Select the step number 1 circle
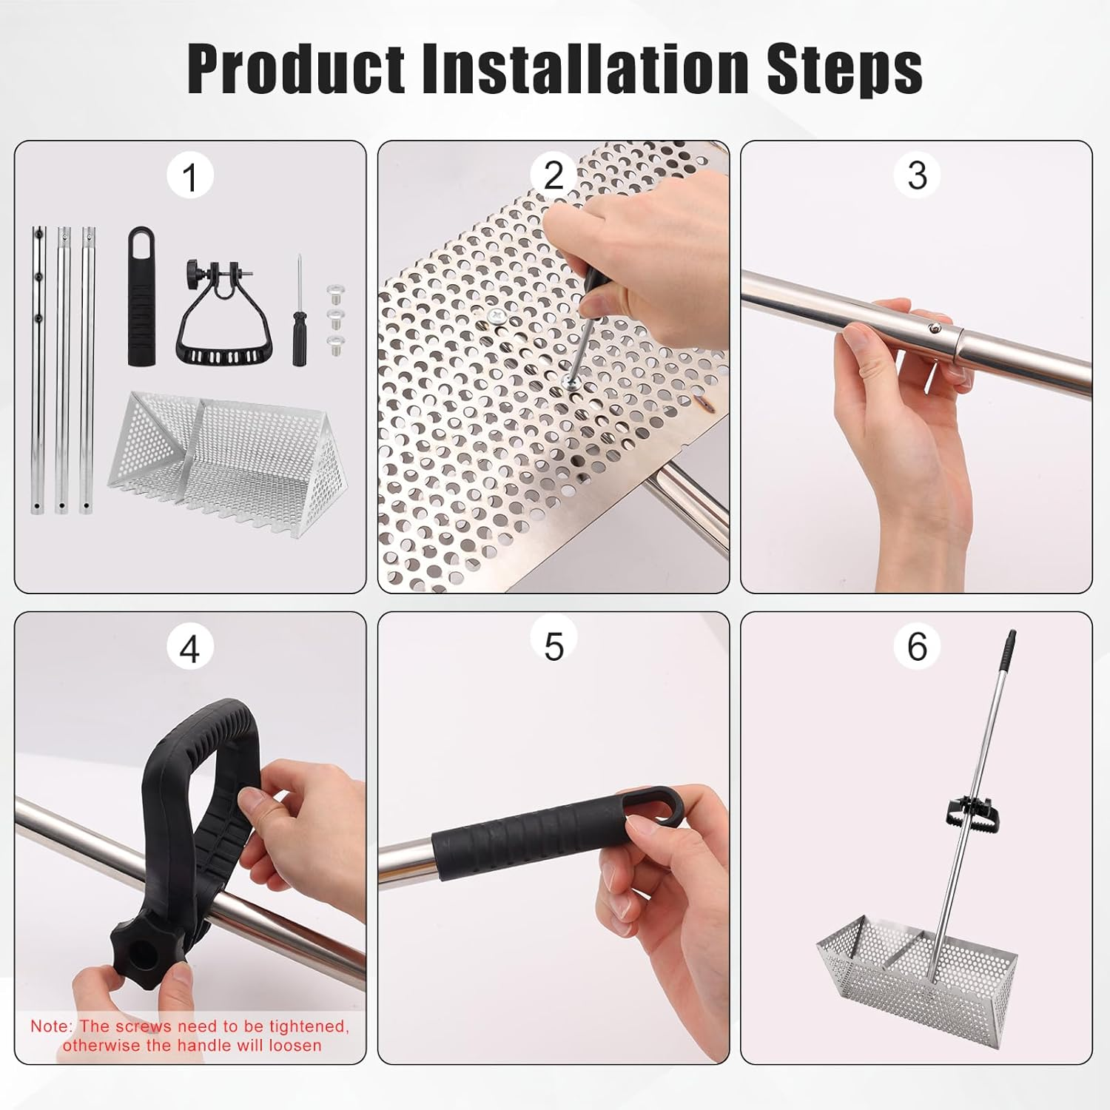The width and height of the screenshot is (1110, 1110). [190, 178]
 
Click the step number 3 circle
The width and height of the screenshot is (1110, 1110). [917, 175]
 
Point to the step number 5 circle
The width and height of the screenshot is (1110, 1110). [554, 646]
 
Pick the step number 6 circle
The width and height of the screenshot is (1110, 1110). [917, 646]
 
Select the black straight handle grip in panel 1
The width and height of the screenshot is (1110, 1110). [142, 296]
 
